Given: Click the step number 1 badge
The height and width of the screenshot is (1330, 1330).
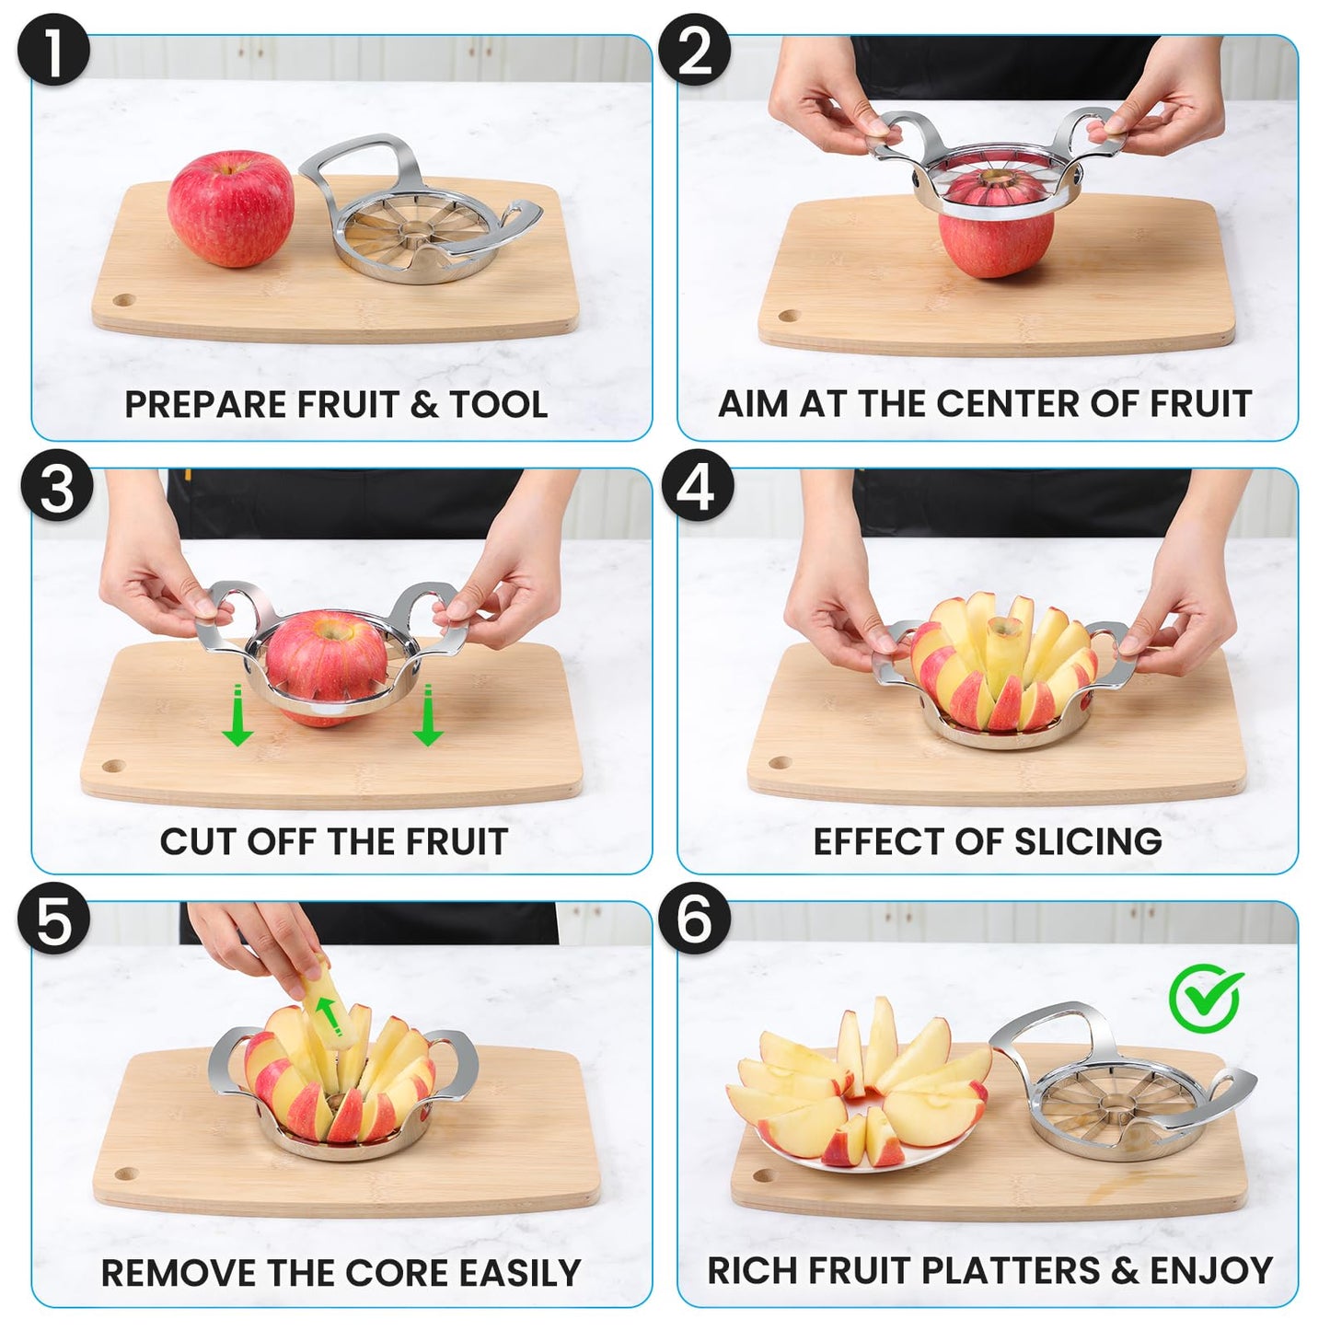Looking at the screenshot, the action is tap(53, 51).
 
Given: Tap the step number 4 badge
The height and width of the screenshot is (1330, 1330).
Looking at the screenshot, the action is tap(697, 487).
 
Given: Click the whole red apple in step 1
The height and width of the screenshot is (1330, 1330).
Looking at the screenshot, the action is tap(231, 208).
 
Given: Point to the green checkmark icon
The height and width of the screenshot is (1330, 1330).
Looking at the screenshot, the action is tap(1206, 998).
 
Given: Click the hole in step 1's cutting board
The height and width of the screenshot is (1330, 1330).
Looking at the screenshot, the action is tap(123, 300).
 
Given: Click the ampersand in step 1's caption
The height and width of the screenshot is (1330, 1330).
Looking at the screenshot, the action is tap(424, 404).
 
